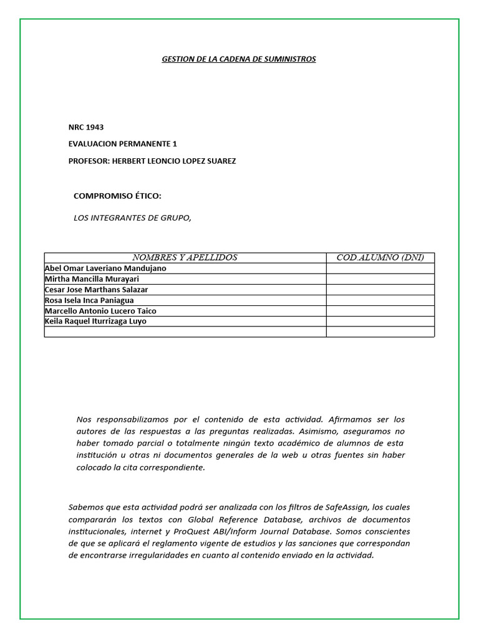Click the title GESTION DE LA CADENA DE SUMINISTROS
pyautogui.click(x=239, y=59)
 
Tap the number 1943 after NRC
pyautogui.click(x=95, y=127)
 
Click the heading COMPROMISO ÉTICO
pyautogui.click(x=117, y=196)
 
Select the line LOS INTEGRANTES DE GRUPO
pyautogui.click(x=132, y=217)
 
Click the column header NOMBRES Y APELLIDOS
pyautogui.click(x=185, y=257)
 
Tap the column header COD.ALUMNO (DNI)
pyautogui.click(x=380, y=257)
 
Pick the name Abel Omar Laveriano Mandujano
pyautogui.click(x=105, y=269)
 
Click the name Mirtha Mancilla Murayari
pyautogui.click(x=92, y=279)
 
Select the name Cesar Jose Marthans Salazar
pyautogui.click(x=97, y=290)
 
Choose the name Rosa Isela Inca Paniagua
pyautogui.click(x=89, y=300)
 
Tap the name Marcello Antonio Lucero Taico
pyautogui.click(x=100, y=311)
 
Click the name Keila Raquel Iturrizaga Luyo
pyautogui.click(x=96, y=321)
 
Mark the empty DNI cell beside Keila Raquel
pyautogui.click(x=380, y=321)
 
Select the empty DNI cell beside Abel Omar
pyautogui.click(x=380, y=269)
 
